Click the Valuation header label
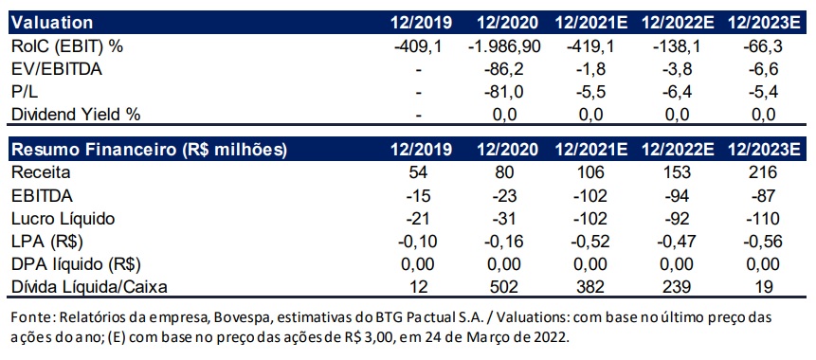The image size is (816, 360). click(x=53, y=21)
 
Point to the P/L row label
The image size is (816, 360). click(x=24, y=92)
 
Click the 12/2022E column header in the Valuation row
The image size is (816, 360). click(x=679, y=21)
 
